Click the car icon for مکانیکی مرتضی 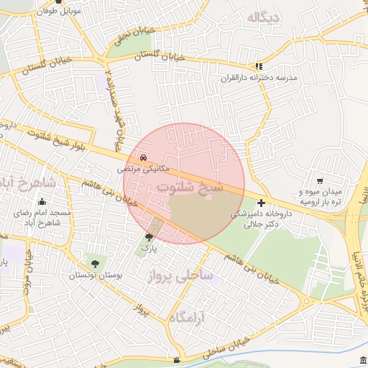click(144, 156)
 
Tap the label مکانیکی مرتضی click(144, 168)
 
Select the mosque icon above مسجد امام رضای click(42, 202)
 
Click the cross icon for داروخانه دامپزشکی click(260, 203)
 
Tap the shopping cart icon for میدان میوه click(319, 181)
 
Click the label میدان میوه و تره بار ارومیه click(323, 198)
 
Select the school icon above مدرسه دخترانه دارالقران click(259, 67)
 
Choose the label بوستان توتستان click(96, 275)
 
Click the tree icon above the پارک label click(149, 236)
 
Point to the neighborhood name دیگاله click(265, 17)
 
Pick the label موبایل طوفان click(60, 12)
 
